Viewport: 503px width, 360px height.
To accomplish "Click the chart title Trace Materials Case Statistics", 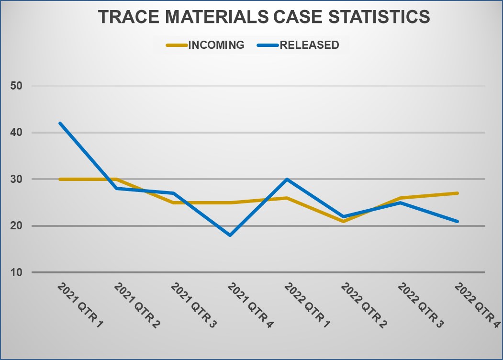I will coord(264,17).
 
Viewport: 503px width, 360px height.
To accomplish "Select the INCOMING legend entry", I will coord(206,45).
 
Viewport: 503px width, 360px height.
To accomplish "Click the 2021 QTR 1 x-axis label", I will coord(80,305).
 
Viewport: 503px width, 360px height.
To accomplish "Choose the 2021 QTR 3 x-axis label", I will coord(193,305).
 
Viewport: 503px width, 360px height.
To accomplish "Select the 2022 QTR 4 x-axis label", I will coord(476,305).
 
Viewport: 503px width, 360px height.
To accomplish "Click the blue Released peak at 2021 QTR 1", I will coord(60,124).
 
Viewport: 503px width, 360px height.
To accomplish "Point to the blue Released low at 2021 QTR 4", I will coord(230,235).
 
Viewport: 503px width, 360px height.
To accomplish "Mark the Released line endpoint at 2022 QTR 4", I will coord(457,221).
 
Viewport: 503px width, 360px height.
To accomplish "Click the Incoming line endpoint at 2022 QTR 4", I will coord(457,193).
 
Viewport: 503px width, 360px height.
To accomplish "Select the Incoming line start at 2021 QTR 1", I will coord(60,180).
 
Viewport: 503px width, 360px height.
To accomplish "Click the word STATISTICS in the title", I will coord(378,17).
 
